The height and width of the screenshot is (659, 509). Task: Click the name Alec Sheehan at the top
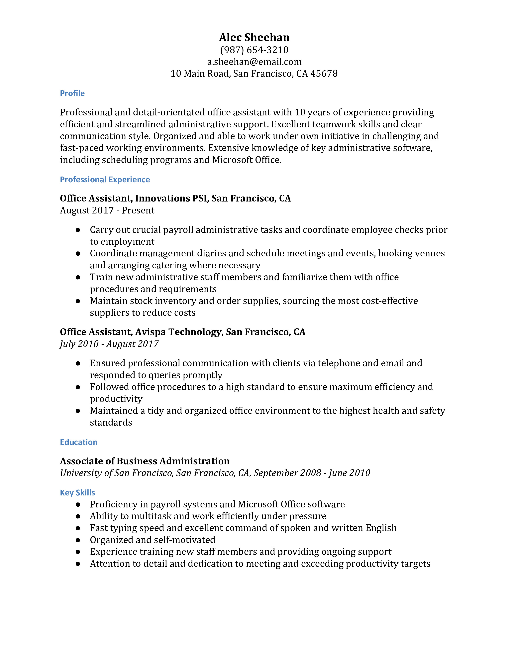click(254, 37)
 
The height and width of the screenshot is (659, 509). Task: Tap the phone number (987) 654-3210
click(254, 50)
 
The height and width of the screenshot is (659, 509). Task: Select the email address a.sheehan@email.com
click(254, 62)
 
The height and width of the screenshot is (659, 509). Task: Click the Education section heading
click(78, 442)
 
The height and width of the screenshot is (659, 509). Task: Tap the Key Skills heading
click(77, 492)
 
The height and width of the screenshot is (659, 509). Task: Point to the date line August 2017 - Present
click(107, 210)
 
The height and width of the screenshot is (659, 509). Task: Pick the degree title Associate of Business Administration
click(145, 461)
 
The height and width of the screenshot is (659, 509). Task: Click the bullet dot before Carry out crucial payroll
click(78, 230)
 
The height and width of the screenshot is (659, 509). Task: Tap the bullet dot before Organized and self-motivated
click(78, 540)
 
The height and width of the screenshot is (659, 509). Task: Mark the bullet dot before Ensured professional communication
click(78, 363)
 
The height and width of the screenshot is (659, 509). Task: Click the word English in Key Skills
click(381, 528)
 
